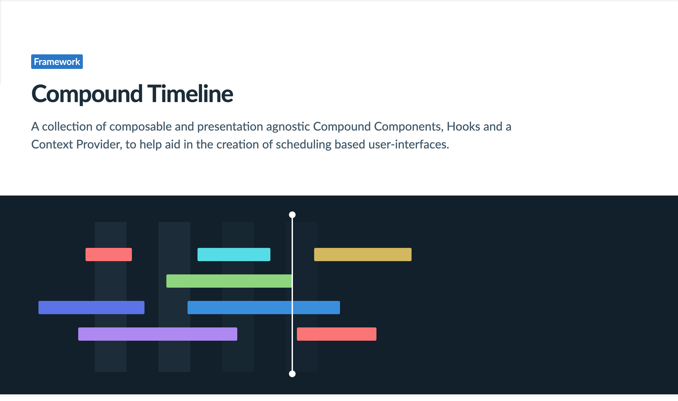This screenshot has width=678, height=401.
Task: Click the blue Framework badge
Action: tap(57, 62)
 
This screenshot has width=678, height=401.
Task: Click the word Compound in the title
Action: tap(87, 94)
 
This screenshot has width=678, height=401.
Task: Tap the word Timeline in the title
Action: tap(190, 94)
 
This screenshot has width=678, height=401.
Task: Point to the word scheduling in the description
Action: tap(304, 144)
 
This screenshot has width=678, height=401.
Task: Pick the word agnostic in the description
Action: tap(288, 127)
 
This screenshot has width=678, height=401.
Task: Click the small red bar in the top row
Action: tap(108, 255)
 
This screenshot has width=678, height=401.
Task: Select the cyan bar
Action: tap(234, 255)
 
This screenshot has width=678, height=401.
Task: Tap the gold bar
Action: tap(363, 255)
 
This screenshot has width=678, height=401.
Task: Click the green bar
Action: tap(229, 281)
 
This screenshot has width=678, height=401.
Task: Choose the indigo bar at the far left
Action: tap(91, 308)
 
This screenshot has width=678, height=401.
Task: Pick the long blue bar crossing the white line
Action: tap(263, 308)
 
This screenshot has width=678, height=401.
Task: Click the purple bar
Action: tap(157, 334)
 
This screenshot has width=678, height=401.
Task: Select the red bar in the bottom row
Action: tap(336, 334)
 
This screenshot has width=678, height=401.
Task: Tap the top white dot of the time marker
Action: tap(292, 215)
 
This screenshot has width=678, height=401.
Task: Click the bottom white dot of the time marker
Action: tap(292, 374)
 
